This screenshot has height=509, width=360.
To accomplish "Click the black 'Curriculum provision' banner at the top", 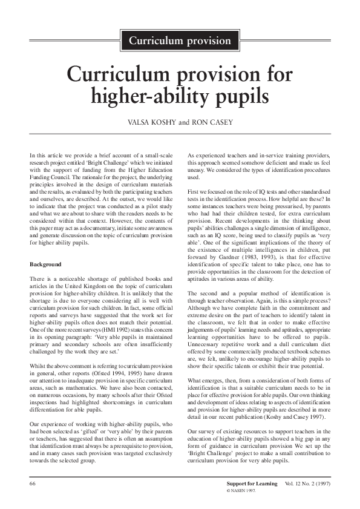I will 180,41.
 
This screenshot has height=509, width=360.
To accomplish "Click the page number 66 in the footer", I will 34,485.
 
